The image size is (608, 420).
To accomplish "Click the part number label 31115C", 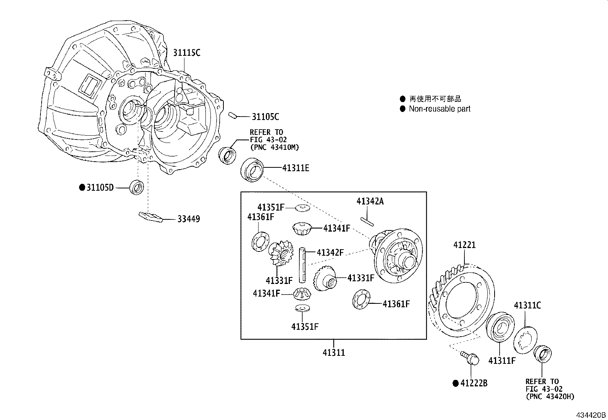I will click(x=186, y=53).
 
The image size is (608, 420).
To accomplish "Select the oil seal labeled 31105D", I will click(x=137, y=187).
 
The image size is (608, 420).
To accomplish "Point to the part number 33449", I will click(x=188, y=219).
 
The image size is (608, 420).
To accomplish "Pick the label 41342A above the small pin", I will click(x=370, y=201).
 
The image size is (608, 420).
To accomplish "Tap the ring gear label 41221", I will click(x=464, y=245).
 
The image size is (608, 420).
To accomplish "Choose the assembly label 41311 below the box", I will click(x=333, y=353).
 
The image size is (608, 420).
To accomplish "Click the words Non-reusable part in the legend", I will click(x=440, y=109).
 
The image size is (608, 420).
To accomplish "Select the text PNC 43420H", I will click(x=550, y=397).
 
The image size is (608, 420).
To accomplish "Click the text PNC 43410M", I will click(x=274, y=147).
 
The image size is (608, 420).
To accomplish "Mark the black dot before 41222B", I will click(x=455, y=383).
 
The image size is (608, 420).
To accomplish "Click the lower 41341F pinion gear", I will click(x=301, y=294).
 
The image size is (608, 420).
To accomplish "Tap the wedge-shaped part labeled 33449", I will click(x=150, y=217).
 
